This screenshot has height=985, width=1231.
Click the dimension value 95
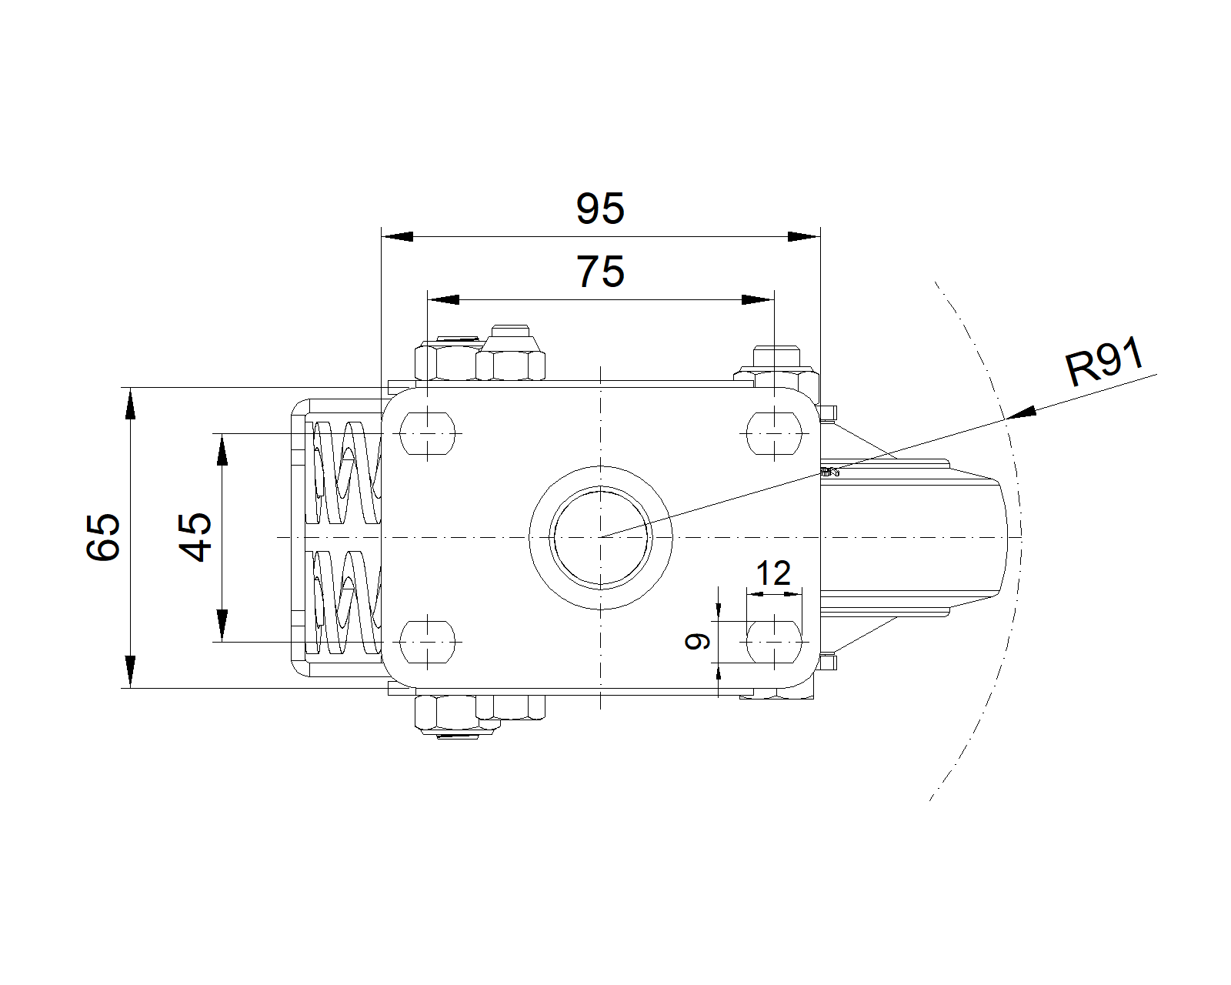click(600, 209)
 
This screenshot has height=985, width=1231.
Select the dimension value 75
click(600, 272)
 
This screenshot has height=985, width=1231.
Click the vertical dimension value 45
click(196, 536)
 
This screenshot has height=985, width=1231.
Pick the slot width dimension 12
click(773, 574)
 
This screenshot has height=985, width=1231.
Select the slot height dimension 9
click(698, 640)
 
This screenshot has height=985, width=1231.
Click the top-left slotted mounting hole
click(428, 433)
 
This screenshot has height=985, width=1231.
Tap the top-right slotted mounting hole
click(774, 433)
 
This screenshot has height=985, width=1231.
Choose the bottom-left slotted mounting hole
click(428, 641)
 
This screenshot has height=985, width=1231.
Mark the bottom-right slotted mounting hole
click(774, 641)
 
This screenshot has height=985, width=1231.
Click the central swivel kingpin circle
click(601, 536)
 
